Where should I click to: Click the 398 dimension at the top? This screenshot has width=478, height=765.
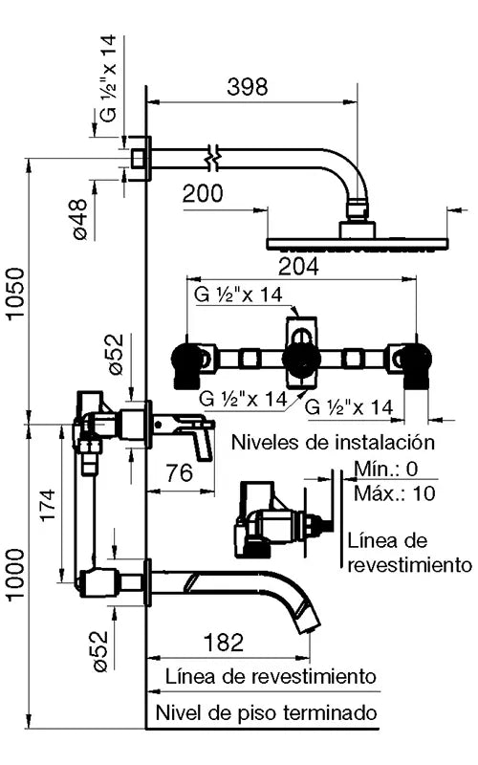click(248, 87)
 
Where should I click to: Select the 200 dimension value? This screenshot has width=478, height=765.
click(203, 194)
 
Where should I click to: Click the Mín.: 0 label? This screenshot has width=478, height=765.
click(386, 469)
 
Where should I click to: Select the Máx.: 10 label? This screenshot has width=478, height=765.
click(392, 493)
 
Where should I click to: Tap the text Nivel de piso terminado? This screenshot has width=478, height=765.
click(267, 713)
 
